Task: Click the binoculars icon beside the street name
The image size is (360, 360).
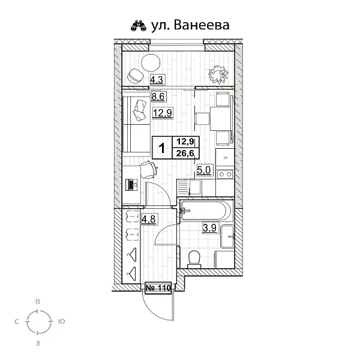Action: pos(139,25)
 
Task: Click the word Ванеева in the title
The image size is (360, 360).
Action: pos(202,25)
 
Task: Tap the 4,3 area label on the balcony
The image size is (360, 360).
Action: pos(157,80)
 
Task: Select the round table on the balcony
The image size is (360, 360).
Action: pos(151,62)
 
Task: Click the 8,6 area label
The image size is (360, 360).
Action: pos(158,96)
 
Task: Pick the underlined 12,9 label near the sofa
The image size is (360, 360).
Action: pos(163,113)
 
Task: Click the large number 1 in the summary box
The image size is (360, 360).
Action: pos(162,148)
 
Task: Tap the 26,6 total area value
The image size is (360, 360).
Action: pos(185,153)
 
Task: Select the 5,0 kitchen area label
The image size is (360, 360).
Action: pos(203,170)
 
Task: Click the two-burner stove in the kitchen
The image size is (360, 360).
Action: pos(225,174)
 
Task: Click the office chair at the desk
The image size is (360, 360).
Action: pos(149,170)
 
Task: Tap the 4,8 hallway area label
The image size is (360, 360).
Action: pos(149,219)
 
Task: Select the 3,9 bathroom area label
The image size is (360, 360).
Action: pos(209,228)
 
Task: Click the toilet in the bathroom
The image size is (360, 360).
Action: pos(194,259)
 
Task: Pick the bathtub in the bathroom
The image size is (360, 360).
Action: pos(206,211)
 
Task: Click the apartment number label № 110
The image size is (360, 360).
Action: pos(158,287)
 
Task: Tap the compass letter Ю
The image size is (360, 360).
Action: pos(61,322)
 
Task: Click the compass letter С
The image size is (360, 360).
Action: pos(17,322)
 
